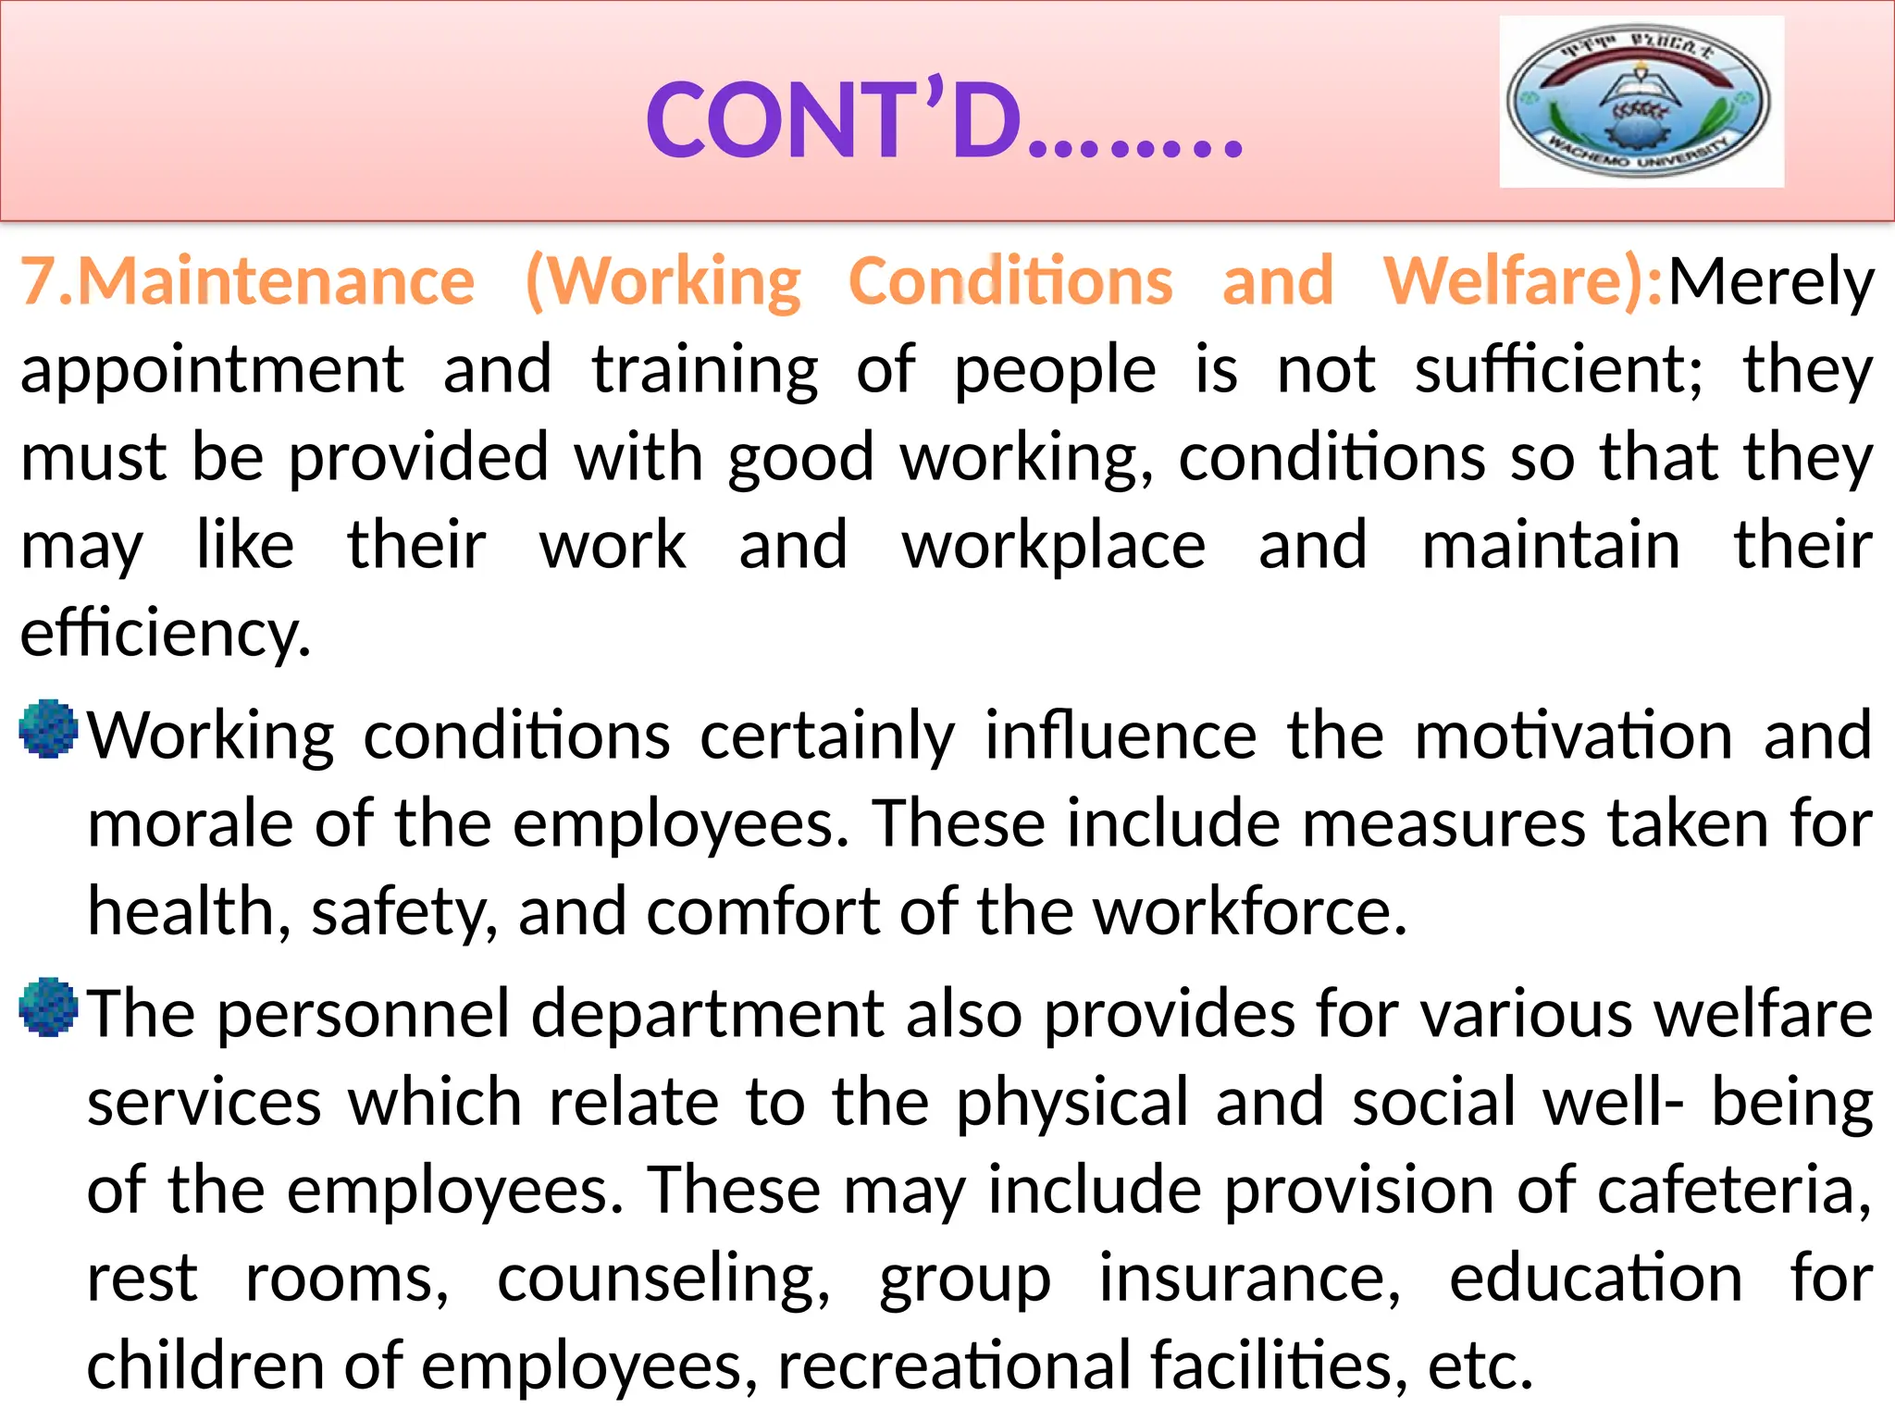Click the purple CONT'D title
click(x=944, y=120)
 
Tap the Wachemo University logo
click(x=1641, y=102)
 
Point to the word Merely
click(x=1770, y=282)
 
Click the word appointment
click(x=213, y=370)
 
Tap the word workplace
click(x=1054, y=546)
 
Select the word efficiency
click(x=165, y=635)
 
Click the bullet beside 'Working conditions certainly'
click(x=48, y=729)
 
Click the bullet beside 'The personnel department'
click(x=48, y=1007)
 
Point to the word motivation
click(x=1573, y=736)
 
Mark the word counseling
click(x=663, y=1279)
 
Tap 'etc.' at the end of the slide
click(x=1480, y=1365)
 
